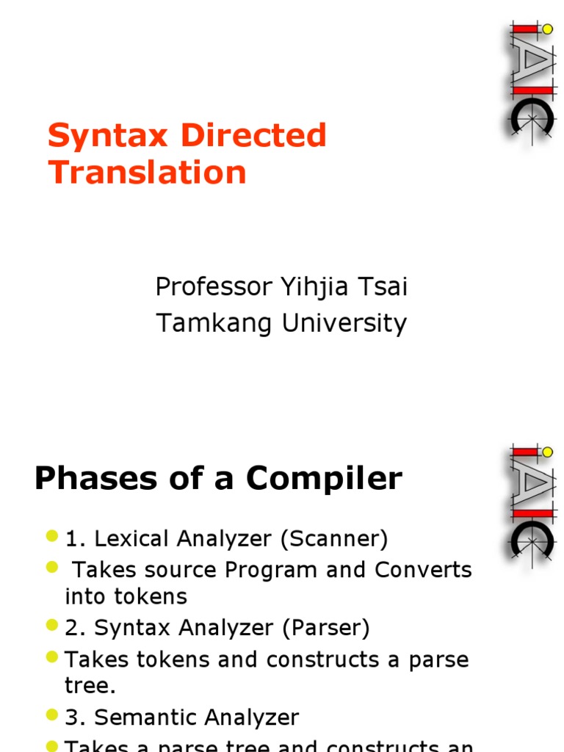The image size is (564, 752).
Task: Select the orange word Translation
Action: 147,173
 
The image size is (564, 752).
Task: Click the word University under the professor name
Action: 344,323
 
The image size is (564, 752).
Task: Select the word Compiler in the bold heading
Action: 324,479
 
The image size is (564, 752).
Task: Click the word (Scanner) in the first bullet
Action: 333,539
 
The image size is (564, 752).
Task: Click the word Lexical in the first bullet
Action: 131,539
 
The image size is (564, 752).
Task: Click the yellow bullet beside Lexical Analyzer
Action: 51,537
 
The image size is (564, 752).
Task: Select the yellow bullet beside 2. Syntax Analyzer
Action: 51,626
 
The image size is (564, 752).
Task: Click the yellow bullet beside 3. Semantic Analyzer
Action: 51,715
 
